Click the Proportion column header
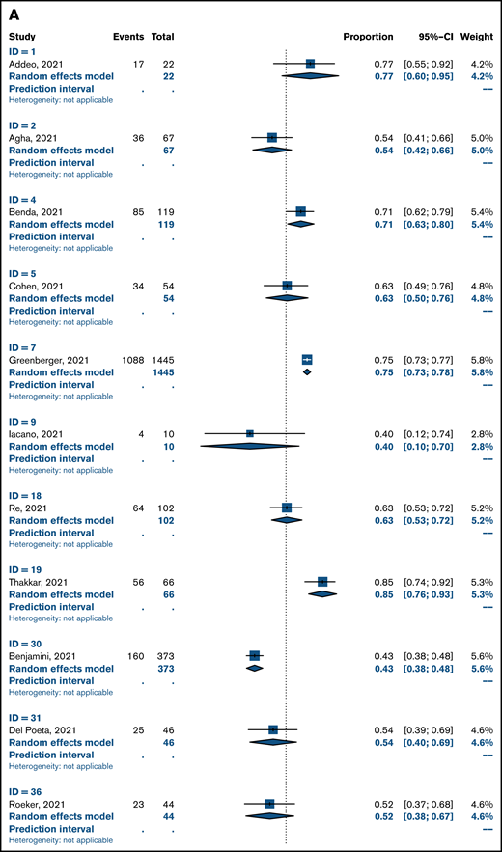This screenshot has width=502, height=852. pos(368,37)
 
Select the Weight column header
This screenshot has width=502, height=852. pos(477,37)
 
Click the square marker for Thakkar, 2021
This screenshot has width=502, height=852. pos(322,582)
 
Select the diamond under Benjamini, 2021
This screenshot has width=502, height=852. pos(255,668)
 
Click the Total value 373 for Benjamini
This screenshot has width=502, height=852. pos(163,656)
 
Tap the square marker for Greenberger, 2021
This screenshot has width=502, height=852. pos(307,360)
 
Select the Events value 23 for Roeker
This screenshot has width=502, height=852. pos(137,804)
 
